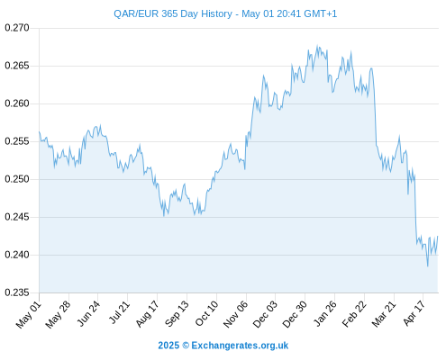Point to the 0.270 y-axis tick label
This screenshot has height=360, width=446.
(17, 28)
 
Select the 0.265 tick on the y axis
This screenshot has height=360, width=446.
(17, 66)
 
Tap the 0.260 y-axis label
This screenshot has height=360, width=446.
(17, 103)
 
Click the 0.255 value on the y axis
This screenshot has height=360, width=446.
(17, 141)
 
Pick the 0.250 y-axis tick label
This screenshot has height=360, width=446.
(17, 179)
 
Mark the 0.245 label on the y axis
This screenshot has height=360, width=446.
(17, 217)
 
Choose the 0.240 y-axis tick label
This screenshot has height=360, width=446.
(17, 255)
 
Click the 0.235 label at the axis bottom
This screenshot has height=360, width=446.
(17, 292)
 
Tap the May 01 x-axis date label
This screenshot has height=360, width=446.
(29, 315)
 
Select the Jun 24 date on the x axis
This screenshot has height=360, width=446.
(88, 313)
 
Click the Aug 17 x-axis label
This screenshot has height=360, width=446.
(147, 314)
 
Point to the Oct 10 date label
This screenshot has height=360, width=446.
(206, 313)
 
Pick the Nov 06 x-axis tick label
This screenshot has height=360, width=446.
(236, 314)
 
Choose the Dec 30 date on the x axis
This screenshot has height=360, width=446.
(295, 314)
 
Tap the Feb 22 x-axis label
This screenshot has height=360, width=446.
(354, 314)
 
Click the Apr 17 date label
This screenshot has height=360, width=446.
(414, 313)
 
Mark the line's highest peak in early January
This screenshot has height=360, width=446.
(317, 45)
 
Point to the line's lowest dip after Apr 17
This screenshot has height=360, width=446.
(428, 266)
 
